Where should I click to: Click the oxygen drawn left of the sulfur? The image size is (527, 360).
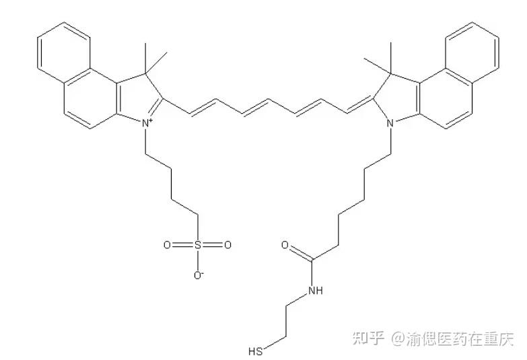(x=168, y=246)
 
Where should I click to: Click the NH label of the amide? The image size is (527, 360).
(x=314, y=291)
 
